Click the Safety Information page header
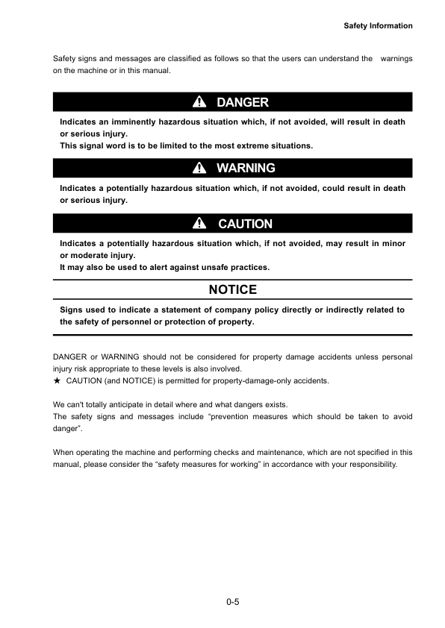pyautogui.click(x=378, y=26)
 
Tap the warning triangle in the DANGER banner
pyautogui.click(x=199, y=102)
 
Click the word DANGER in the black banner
pyautogui.click(x=242, y=102)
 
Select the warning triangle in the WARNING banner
pyautogui.click(x=199, y=169)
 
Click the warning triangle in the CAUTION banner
pyautogui.click(x=199, y=224)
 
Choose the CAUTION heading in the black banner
pyautogui.click(x=245, y=224)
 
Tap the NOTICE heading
pyautogui.click(x=232, y=289)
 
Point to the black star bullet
pyautogui.click(x=57, y=381)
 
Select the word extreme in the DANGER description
pyautogui.click(x=236, y=145)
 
